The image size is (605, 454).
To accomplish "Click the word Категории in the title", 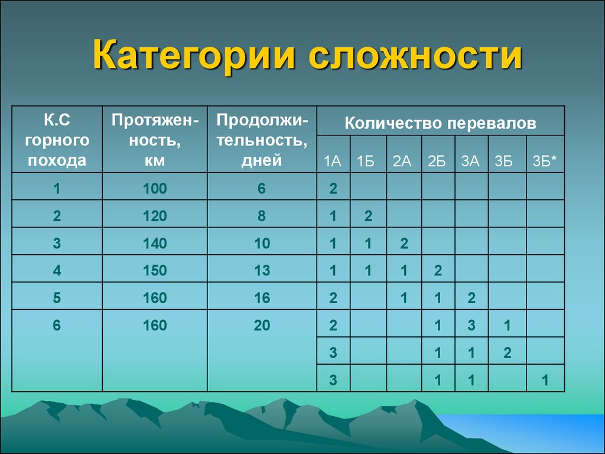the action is click(194, 54).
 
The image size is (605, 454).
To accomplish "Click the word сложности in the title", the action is click(415, 54).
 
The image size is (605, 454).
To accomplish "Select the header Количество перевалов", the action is click(440, 123).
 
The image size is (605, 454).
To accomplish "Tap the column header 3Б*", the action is click(545, 161).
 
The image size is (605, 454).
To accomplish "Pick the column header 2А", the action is click(402, 161).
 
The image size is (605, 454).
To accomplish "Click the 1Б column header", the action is click(365, 161).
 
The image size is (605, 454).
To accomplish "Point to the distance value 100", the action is click(155, 189).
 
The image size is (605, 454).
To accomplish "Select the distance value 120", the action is click(155, 215).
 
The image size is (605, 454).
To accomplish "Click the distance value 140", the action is click(155, 243).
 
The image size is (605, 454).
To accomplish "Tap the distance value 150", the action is click(155, 270).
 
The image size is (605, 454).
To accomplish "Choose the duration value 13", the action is click(262, 270).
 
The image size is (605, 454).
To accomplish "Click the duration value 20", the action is click(262, 325).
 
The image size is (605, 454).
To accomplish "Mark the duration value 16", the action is click(262, 298).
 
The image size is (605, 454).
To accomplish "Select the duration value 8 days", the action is click(262, 215).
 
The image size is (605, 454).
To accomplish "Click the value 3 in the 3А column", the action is click(471, 325).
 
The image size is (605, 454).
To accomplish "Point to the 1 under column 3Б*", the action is click(545, 380).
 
